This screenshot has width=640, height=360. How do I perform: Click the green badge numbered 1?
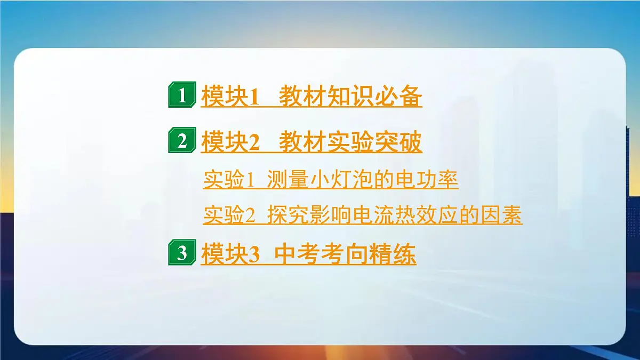tap(182, 96)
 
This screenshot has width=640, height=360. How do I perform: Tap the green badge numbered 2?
tap(182, 142)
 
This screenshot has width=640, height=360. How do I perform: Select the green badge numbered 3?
tap(182, 253)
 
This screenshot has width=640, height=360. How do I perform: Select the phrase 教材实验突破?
tap(351, 142)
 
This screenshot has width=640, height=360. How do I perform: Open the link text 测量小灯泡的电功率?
tap(363, 180)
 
